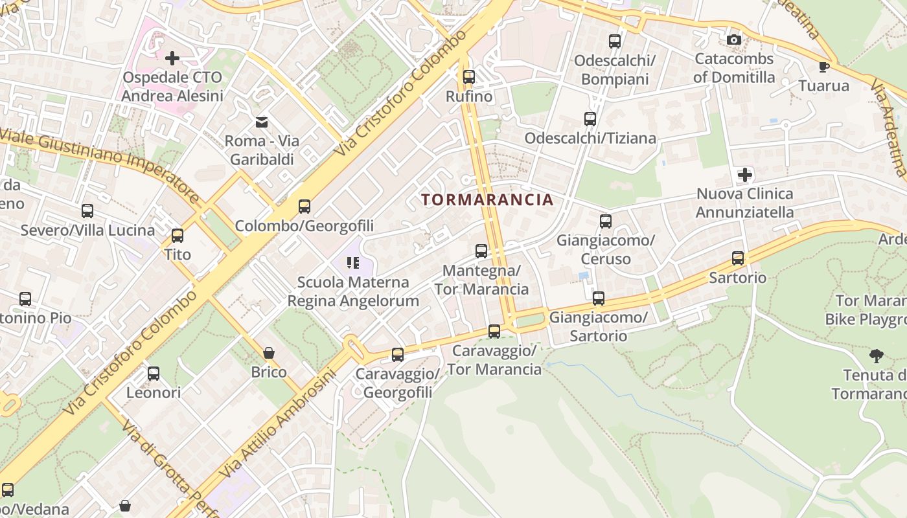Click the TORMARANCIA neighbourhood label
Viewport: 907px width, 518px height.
488,199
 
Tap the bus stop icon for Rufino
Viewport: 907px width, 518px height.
469,77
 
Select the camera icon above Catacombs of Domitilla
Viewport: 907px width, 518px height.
733,40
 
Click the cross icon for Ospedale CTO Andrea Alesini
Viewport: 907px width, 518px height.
172,58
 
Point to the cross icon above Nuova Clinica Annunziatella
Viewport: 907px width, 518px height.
745,175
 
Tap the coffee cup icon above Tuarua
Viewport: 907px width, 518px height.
823,67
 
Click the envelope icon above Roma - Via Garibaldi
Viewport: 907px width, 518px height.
262,122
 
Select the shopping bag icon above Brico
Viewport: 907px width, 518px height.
269,353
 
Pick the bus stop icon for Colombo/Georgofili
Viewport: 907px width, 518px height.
304,207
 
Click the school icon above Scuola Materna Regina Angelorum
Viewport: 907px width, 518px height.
353,263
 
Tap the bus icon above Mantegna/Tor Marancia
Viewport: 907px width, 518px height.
481,251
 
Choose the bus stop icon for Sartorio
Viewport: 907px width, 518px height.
738,258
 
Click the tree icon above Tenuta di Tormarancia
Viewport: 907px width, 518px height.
877,355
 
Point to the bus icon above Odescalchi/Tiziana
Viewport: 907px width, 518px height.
590,119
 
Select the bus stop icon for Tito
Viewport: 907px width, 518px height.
178,236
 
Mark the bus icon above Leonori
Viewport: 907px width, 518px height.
154,374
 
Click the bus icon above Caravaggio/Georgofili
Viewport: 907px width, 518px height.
398,355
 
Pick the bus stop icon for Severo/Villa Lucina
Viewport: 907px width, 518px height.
87,211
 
